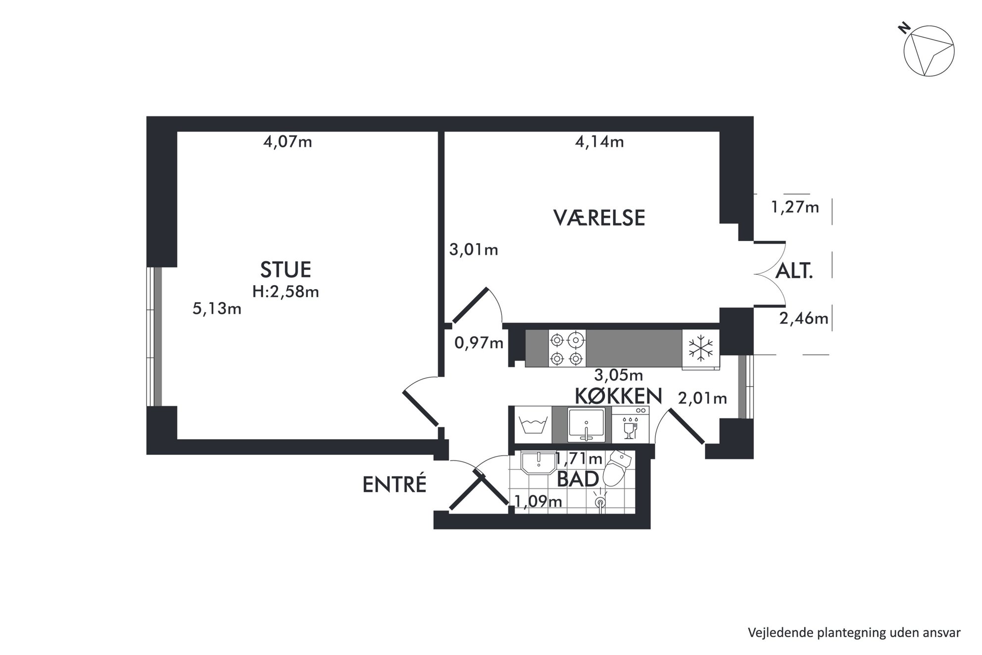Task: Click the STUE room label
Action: click(286, 270)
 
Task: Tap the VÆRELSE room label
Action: click(599, 218)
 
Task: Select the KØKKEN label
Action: click(618, 396)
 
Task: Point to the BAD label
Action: click(578, 479)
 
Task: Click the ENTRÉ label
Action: click(394, 485)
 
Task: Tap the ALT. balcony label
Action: click(794, 271)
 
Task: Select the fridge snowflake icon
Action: click(701, 349)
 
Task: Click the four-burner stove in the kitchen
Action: click(567, 349)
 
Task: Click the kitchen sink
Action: click(587, 425)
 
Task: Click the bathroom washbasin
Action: click(538, 462)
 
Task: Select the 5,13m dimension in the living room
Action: click(217, 309)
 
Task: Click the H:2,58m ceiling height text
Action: click(286, 292)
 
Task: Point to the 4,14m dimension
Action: click(599, 142)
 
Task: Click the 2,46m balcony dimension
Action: click(804, 318)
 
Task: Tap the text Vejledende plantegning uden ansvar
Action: click(854, 633)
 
